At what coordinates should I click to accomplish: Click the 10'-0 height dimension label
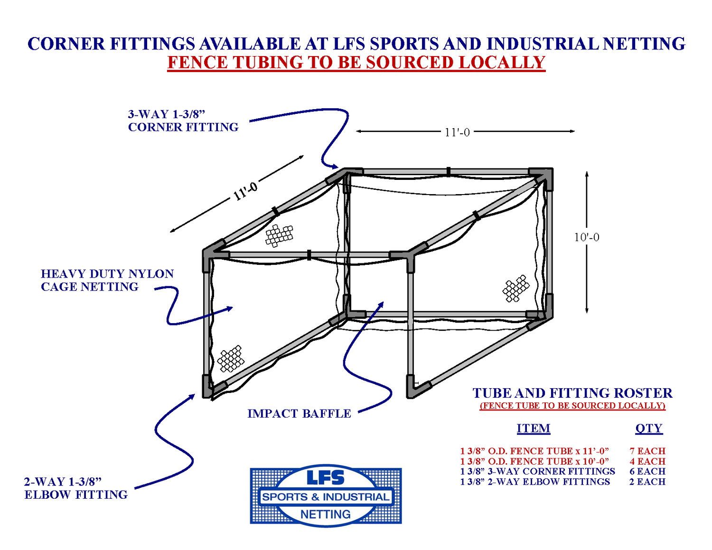click(x=587, y=237)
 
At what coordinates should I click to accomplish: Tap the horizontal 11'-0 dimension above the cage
click(x=457, y=132)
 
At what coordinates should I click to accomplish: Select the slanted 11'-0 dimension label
click(x=245, y=191)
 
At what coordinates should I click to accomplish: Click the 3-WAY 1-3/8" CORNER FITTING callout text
click(x=183, y=121)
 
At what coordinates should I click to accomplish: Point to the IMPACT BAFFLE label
click(x=299, y=414)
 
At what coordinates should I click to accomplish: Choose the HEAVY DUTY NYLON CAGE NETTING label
click(x=107, y=280)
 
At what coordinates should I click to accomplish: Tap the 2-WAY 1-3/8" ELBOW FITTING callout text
click(x=76, y=488)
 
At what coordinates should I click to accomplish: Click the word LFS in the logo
click(x=326, y=478)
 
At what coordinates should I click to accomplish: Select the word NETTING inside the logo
click(x=326, y=514)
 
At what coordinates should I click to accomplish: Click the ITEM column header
click(x=534, y=429)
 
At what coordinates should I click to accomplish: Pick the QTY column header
click(x=648, y=429)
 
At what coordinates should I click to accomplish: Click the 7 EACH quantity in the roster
click(x=647, y=451)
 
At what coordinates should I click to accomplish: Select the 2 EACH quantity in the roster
click(x=647, y=482)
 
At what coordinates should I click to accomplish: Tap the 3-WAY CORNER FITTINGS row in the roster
click(x=537, y=471)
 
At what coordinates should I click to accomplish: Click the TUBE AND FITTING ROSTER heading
click(x=572, y=393)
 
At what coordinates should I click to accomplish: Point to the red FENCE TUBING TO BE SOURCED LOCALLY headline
click(x=356, y=63)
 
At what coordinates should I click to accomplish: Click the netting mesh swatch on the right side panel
click(x=515, y=288)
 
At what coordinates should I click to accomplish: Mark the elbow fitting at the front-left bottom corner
click(x=209, y=387)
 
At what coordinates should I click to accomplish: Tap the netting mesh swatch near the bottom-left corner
click(x=231, y=359)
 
